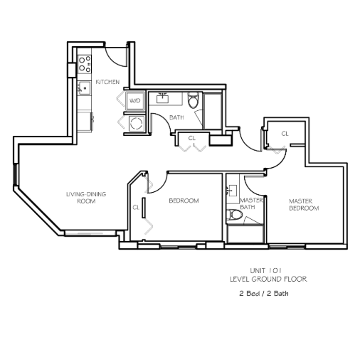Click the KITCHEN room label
(107, 82)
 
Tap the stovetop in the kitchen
(85, 64)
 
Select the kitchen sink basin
(85, 87)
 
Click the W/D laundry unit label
(135, 101)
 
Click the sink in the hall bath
(163, 98)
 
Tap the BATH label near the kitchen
(176, 117)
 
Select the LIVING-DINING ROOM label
(86, 198)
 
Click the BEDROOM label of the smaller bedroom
(184, 201)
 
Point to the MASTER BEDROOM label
(304, 205)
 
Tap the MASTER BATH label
(251, 203)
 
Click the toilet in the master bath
(234, 215)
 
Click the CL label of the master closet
(285, 134)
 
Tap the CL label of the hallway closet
(191, 138)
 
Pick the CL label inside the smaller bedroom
(136, 208)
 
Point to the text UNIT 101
(265, 270)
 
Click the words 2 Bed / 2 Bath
(264, 294)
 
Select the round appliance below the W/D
(136, 123)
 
